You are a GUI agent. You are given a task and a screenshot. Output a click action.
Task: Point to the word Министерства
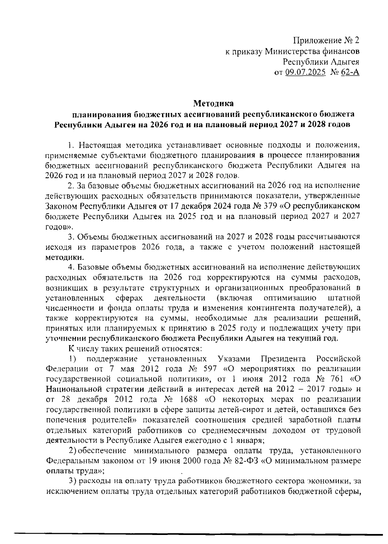coord(292,51)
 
